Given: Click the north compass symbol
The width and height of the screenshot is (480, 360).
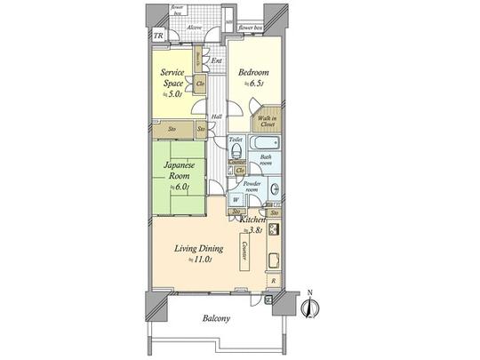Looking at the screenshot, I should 308,307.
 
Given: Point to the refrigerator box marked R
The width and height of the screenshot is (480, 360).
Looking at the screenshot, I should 272,280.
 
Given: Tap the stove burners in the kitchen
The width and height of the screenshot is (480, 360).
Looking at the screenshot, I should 273,229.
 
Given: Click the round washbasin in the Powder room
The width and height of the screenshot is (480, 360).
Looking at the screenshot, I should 275,188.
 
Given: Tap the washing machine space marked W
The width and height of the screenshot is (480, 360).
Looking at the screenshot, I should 236,199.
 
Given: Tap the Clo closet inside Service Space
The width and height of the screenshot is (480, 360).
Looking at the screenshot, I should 200,86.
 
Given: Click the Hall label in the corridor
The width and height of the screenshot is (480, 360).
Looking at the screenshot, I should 216,116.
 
